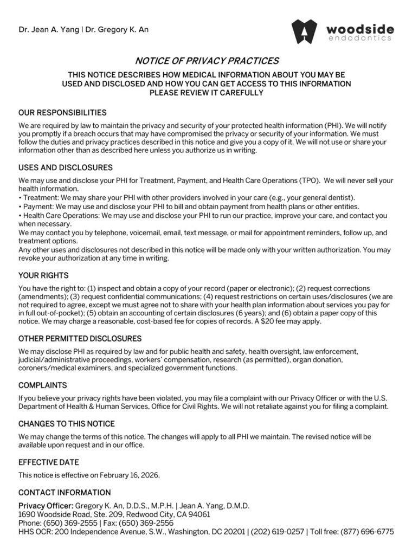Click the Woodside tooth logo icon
(x=304, y=31)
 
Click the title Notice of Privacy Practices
(x=206, y=61)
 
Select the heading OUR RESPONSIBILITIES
(x=62, y=113)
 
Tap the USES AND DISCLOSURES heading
(x=66, y=167)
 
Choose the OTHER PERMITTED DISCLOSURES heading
(x=80, y=339)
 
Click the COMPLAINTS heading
(x=43, y=385)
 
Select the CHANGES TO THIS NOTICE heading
(x=67, y=423)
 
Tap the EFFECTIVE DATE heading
(x=49, y=462)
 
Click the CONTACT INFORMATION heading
(x=65, y=493)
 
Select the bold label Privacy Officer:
(x=46, y=506)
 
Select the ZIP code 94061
(x=198, y=514)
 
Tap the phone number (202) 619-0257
(x=274, y=532)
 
